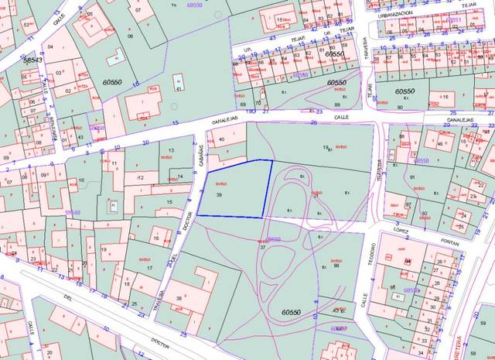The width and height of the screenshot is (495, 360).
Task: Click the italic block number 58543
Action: [32, 60]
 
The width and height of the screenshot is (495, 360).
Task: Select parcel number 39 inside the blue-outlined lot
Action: [220, 196]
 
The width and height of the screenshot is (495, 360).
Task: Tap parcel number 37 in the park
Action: [262, 248]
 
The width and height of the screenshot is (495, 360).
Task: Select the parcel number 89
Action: [336, 105]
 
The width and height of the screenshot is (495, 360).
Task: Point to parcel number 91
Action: [412, 178]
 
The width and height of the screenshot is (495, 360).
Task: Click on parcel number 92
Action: [425, 213]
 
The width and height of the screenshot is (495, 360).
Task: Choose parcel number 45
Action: [440, 144]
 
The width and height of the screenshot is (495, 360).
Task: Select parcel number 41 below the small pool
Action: [178, 89]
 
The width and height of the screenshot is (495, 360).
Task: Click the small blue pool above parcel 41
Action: [178, 79]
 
